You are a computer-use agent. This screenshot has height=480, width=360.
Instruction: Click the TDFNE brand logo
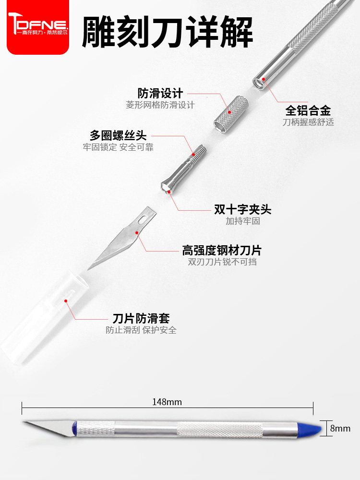[x=38, y=27]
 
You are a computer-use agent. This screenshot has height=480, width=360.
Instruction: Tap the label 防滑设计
[x=160, y=93]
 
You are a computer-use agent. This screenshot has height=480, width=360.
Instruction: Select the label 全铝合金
[x=308, y=110]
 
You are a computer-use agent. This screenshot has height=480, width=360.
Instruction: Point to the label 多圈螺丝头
[x=118, y=135]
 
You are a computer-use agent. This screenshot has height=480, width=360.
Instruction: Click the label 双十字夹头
[x=243, y=209]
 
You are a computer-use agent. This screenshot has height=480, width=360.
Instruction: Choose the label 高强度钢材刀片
[x=222, y=250]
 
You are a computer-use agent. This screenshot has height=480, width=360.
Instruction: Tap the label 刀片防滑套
[x=141, y=318]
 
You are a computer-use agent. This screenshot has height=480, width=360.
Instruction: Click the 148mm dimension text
[x=167, y=402]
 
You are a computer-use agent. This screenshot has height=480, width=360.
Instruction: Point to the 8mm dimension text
[x=341, y=429]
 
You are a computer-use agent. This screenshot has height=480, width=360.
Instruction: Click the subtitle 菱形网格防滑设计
[x=160, y=105]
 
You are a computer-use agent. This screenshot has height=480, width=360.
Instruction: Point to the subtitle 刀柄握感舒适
[x=308, y=122]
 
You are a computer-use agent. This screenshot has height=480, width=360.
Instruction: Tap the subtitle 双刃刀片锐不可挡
[x=222, y=262]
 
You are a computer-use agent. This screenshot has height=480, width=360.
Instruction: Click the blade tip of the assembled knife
[x=26, y=422]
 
